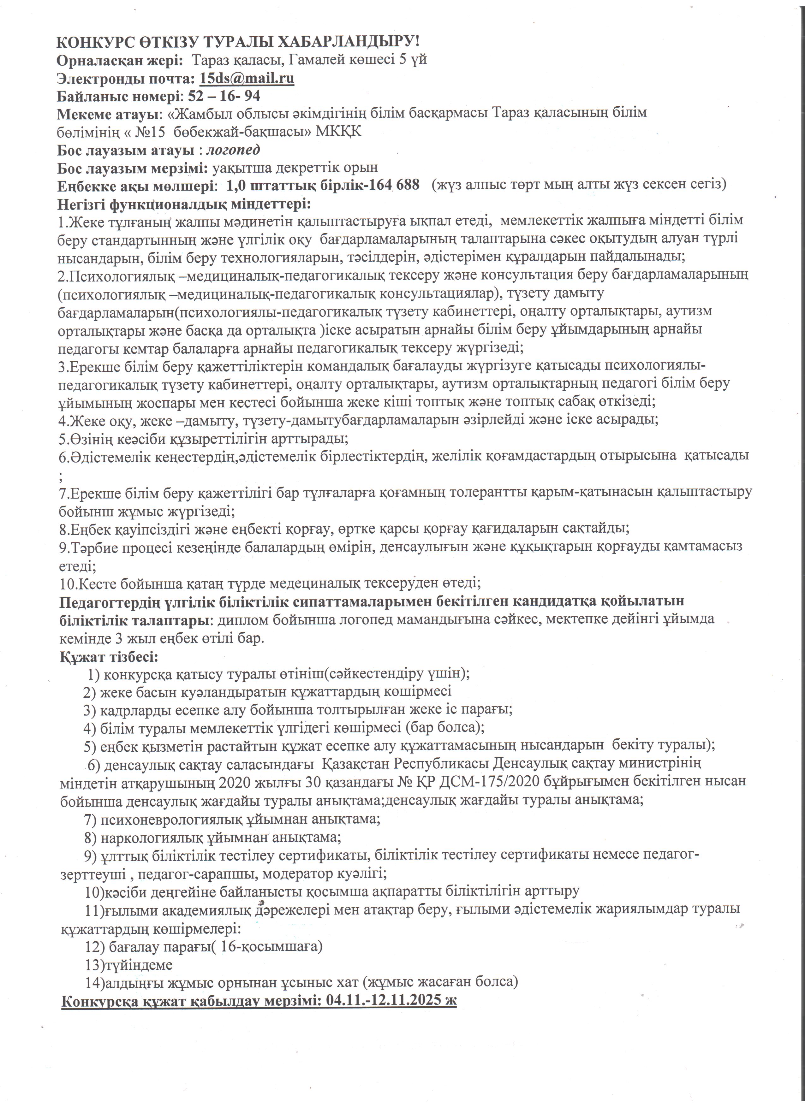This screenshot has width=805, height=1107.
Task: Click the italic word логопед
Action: click(233, 149)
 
